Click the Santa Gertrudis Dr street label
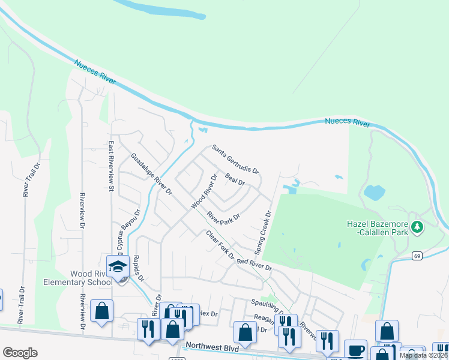pyautogui.click(x=235, y=159)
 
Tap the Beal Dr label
pyautogui.click(x=235, y=178)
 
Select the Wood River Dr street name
pyautogui.click(x=203, y=192)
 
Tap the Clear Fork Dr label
pyautogui.click(x=220, y=245)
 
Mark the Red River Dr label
pyautogui.click(x=255, y=265)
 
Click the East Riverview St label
pyautogui.click(x=111, y=166)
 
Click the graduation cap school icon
pyautogui.click(x=118, y=265)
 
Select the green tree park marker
pyautogui.click(x=418, y=227)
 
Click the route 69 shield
pyautogui.click(x=417, y=256)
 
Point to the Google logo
pyautogui.click(x=20, y=353)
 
